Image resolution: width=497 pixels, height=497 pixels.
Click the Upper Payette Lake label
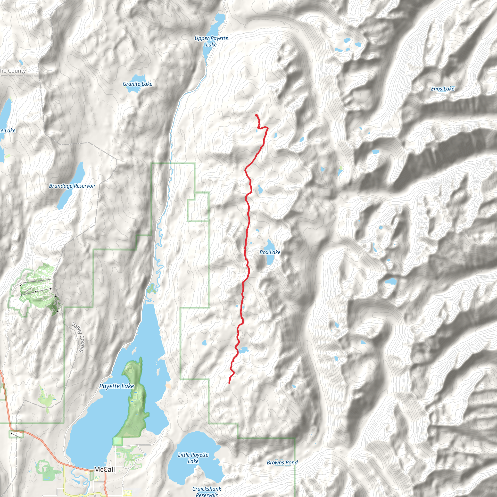[x=211, y=41]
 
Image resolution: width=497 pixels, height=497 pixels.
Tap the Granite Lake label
[x=137, y=84]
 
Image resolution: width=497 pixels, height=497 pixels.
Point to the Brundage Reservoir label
[x=72, y=186]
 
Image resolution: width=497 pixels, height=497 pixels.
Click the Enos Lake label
[x=443, y=89]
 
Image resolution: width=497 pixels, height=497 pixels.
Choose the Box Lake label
[x=270, y=252]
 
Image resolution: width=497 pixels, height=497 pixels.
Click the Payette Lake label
[x=116, y=386]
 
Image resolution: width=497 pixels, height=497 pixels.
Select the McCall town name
[x=104, y=470]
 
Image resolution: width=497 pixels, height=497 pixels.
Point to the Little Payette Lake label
[x=193, y=458]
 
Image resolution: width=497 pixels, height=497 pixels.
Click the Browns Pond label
[x=282, y=463]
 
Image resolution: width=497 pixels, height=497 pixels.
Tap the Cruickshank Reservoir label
[x=207, y=492]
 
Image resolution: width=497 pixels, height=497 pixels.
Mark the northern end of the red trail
[x=256, y=115]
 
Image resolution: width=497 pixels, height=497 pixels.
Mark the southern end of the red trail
[x=229, y=383]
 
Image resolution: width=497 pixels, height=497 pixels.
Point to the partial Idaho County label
[x=13, y=71]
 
